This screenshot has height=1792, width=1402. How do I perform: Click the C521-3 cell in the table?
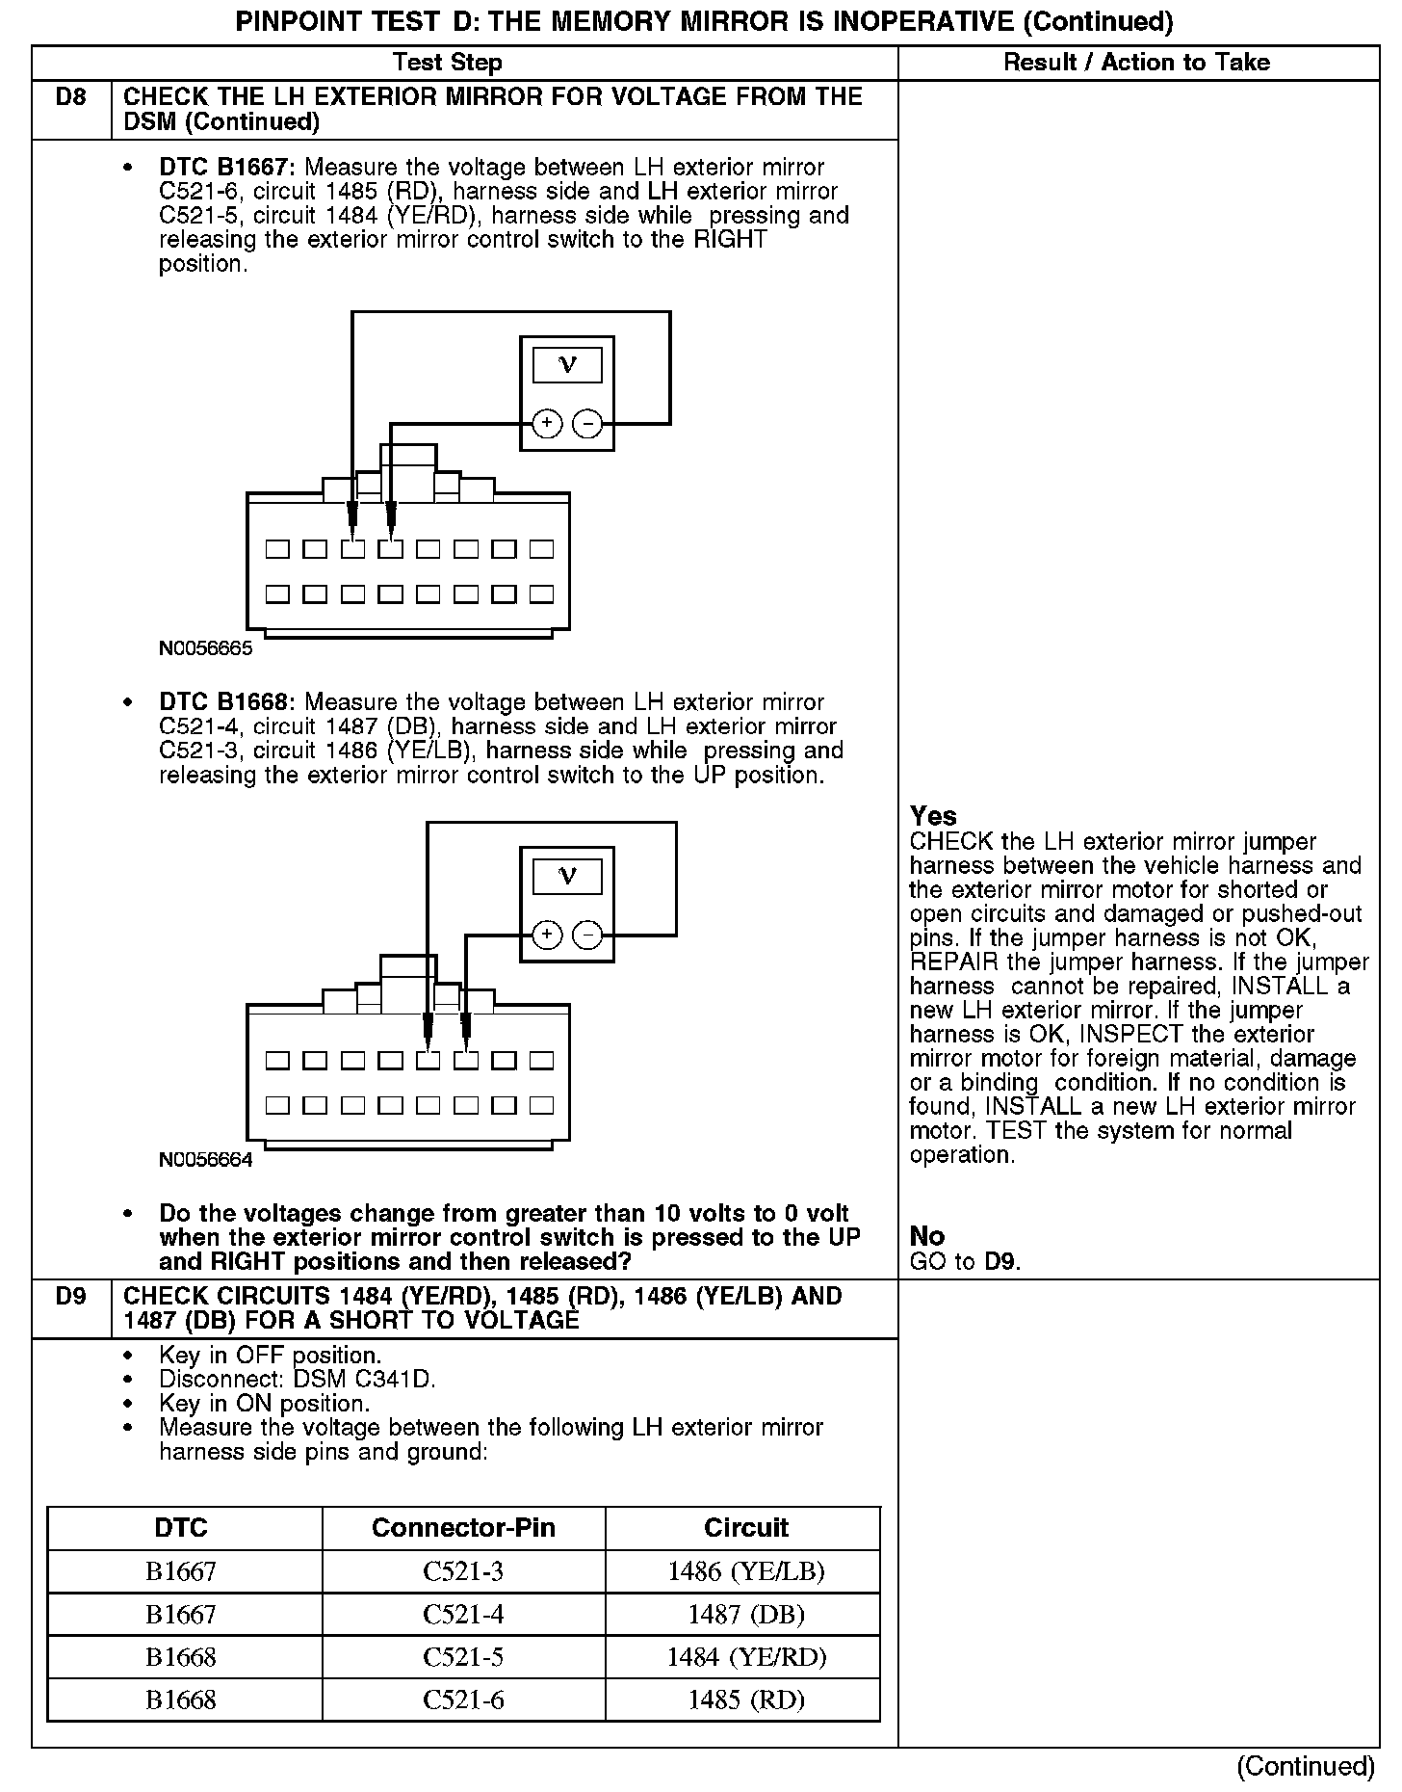[463, 1571]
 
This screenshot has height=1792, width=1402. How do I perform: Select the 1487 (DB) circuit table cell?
[745, 1614]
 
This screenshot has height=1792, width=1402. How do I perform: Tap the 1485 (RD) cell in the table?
[745, 1700]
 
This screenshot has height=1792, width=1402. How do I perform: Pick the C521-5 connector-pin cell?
[463, 1656]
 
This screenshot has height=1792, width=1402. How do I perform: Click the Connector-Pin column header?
[463, 1527]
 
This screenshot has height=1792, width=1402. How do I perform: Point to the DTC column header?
[181, 1527]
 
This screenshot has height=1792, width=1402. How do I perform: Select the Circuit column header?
[745, 1527]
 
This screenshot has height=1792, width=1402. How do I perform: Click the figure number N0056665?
[205, 648]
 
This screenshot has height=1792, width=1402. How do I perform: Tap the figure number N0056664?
[205, 1160]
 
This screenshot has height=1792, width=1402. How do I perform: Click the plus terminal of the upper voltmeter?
[546, 423]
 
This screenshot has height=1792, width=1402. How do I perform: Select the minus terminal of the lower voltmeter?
[587, 935]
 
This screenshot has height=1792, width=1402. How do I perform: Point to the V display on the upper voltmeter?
[567, 365]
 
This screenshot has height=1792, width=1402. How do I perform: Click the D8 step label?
[71, 97]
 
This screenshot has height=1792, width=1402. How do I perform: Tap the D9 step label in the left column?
[71, 1297]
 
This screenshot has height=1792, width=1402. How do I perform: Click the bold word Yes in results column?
[933, 816]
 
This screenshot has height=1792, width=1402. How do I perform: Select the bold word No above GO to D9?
[926, 1236]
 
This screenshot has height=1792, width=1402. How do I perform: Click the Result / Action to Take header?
[1136, 63]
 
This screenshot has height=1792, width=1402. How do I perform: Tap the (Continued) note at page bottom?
[1306, 1765]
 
